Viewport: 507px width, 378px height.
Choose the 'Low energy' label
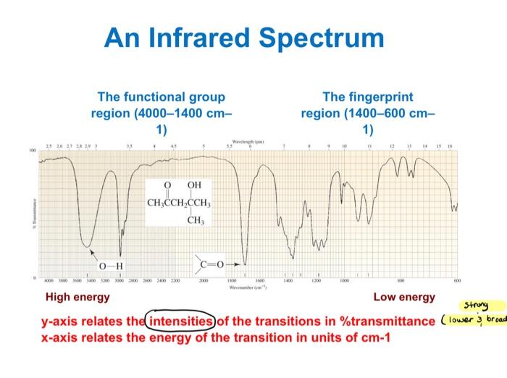coord(404,297)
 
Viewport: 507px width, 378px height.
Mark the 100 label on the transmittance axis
coord(32,151)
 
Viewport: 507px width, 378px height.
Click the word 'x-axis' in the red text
coord(60,337)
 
